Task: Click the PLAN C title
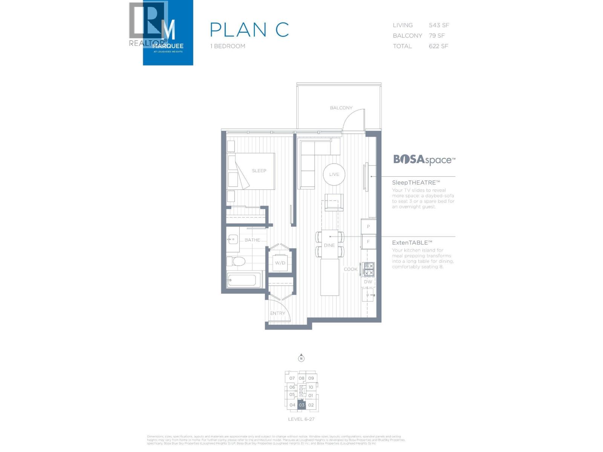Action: [249, 30]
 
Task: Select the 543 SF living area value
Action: [439, 25]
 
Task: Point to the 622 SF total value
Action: [438, 46]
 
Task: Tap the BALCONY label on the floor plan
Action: [341, 108]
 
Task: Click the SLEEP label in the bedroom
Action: [259, 171]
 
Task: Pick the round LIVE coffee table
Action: [334, 174]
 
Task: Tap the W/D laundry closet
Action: [280, 263]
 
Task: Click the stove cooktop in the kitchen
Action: [368, 269]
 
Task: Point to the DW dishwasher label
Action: [368, 282]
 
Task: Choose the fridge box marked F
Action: [368, 242]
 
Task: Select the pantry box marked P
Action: [368, 227]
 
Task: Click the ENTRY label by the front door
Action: [277, 313]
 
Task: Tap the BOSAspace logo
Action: [424, 160]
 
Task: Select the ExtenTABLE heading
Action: [412, 243]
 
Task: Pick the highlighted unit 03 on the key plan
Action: [301, 405]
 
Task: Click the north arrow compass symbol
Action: [301, 358]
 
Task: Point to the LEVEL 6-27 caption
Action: [301, 419]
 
